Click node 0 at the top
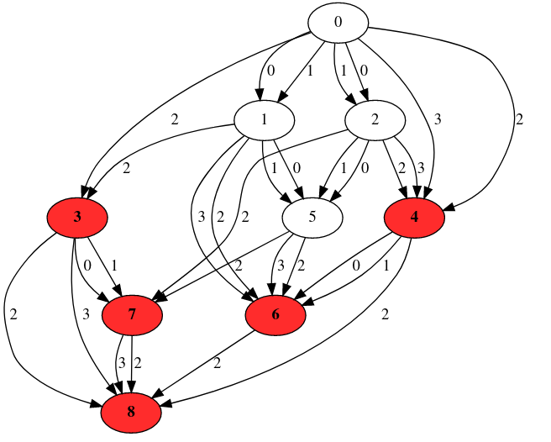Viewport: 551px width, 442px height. (x=338, y=23)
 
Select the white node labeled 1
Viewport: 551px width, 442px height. (x=265, y=120)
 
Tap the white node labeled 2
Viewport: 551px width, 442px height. (x=375, y=120)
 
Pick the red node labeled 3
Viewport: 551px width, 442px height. (x=77, y=218)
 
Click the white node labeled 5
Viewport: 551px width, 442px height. (x=312, y=218)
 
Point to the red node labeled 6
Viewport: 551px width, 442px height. (x=275, y=315)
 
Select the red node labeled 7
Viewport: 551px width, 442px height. (x=131, y=315)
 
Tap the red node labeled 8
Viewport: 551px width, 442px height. (x=131, y=413)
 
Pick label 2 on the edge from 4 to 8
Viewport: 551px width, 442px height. (x=386, y=315)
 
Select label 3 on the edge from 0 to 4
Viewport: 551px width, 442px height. (x=437, y=119)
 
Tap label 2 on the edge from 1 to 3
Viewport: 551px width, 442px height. (x=127, y=169)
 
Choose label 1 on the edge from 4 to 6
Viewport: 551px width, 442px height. (x=385, y=266)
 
